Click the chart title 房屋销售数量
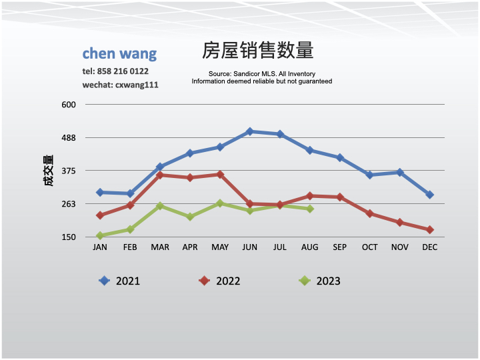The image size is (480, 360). [257, 51]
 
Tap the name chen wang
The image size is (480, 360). [119, 53]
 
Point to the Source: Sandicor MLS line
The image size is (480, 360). [261, 74]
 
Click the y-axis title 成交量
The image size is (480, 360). [49, 171]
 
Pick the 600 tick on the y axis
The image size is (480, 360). [70, 105]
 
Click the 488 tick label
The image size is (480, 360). [70, 138]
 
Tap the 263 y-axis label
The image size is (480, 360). [70, 204]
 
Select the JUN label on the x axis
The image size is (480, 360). [250, 247]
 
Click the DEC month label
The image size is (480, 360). [430, 247]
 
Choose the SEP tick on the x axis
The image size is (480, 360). [340, 247]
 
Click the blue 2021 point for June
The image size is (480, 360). [250, 131]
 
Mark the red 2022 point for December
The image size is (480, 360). [430, 229]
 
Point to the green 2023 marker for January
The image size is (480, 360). [100, 235]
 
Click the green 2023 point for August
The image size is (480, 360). [310, 209]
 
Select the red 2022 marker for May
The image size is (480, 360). [220, 174]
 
